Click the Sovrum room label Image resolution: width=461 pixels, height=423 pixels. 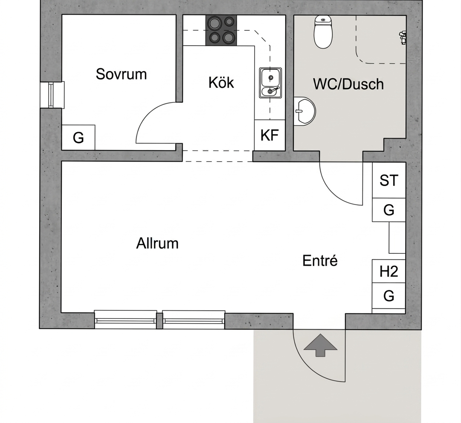click(121, 74)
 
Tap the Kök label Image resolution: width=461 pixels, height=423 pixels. click(221, 83)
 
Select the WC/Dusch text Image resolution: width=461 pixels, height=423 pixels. click(348, 84)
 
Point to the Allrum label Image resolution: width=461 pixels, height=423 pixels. click(157, 243)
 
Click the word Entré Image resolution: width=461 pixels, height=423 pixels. click(320, 261)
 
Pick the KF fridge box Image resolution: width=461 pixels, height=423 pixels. click(270, 135)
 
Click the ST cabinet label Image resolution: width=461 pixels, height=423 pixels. click(389, 180)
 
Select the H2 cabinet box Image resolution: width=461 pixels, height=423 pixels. click(389, 271)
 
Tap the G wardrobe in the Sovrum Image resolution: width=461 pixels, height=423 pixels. click(78, 137)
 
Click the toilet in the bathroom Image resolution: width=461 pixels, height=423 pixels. click(323, 32)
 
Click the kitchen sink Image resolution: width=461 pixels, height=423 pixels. click(270, 83)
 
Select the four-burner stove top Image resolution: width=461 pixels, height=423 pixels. click(221, 31)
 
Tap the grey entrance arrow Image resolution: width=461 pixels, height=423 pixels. click(320, 345)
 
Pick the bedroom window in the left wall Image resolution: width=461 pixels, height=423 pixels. click(52, 95)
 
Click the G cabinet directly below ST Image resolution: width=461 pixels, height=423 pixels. click(389, 210)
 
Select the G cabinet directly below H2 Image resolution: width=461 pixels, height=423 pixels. click(389, 296)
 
